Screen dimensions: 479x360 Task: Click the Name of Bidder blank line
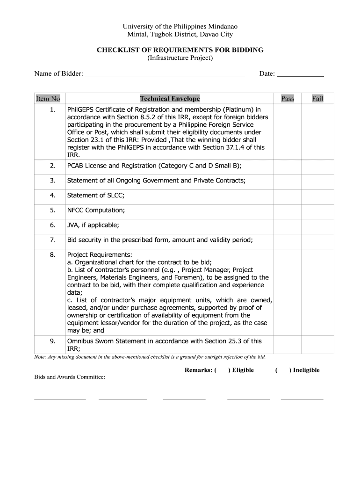tap(165, 74)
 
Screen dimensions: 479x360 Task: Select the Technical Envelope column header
tap(170, 99)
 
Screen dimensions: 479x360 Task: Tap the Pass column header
tap(288, 99)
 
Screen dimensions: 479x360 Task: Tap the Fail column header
tap(317, 99)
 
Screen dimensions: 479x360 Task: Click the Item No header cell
tap(48, 99)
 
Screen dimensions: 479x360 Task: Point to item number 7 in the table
tap(53, 240)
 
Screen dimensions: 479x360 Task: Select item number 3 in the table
tap(53, 180)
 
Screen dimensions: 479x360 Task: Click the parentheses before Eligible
tap(222, 370)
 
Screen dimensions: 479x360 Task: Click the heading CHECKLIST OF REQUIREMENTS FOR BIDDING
tap(180, 50)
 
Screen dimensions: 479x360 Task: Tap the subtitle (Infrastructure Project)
tap(180, 58)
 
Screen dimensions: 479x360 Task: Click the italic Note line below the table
tap(150, 357)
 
